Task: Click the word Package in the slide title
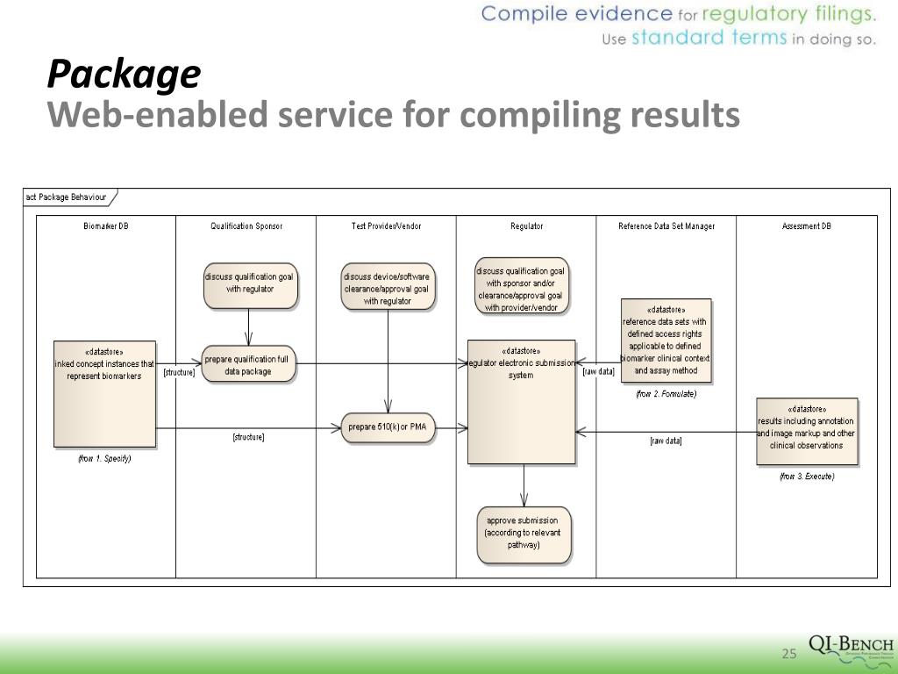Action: point(124,75)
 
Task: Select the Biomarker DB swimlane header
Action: point(106,226)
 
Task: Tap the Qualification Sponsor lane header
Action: point(246,226)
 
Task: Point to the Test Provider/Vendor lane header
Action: point(386,226)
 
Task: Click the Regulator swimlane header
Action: point(526,226)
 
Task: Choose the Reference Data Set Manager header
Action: point(666,226)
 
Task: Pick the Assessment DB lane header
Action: point(807,226)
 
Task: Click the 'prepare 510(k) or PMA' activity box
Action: point(387,427)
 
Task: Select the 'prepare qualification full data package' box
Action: point(249,364)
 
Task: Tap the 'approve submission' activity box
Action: point(524,534)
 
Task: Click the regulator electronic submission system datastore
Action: point(522,401)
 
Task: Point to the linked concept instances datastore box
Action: point(105,393)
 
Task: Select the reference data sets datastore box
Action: point(666,341)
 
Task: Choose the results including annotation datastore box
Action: point(807,431)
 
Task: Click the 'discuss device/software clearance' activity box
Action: point(388,288)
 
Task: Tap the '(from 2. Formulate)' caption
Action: point(666,394)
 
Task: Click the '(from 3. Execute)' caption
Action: point(807,477)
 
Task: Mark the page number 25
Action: point(788,654)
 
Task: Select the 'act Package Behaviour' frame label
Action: point(67,197)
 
